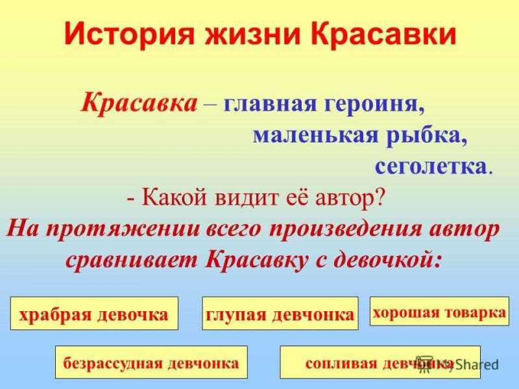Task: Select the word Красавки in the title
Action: (x=383, y=34)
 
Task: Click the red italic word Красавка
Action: (x=139, y=102)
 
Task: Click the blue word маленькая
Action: (x=315, y=136)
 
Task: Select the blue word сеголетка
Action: (x=431, y=167)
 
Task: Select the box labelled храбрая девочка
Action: (x=94, y=313)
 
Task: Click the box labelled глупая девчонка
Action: (x=280, y=313)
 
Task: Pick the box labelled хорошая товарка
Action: (x=439, y=311)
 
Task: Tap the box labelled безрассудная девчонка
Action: (x=151, y=362)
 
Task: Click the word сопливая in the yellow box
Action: (x=341, y=363)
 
